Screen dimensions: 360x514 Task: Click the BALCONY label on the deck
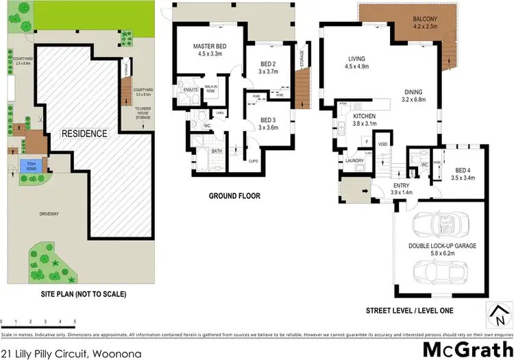pyautogui.click(x=426, y=19)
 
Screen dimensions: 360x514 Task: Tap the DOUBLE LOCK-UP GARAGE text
pyautogui.click(x=441, y=245)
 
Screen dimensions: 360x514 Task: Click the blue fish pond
pyautogui.click(x=29, y=165)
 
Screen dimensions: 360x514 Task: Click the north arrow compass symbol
pyautogui.click(x=495, y=316)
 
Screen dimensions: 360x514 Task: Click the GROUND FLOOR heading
pyautogui.click(x=234, y=196)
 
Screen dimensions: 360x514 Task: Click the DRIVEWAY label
pyautogui.click(x=50, y=215)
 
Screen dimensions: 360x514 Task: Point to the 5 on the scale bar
pyautogui.click(x=75, y=321)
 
